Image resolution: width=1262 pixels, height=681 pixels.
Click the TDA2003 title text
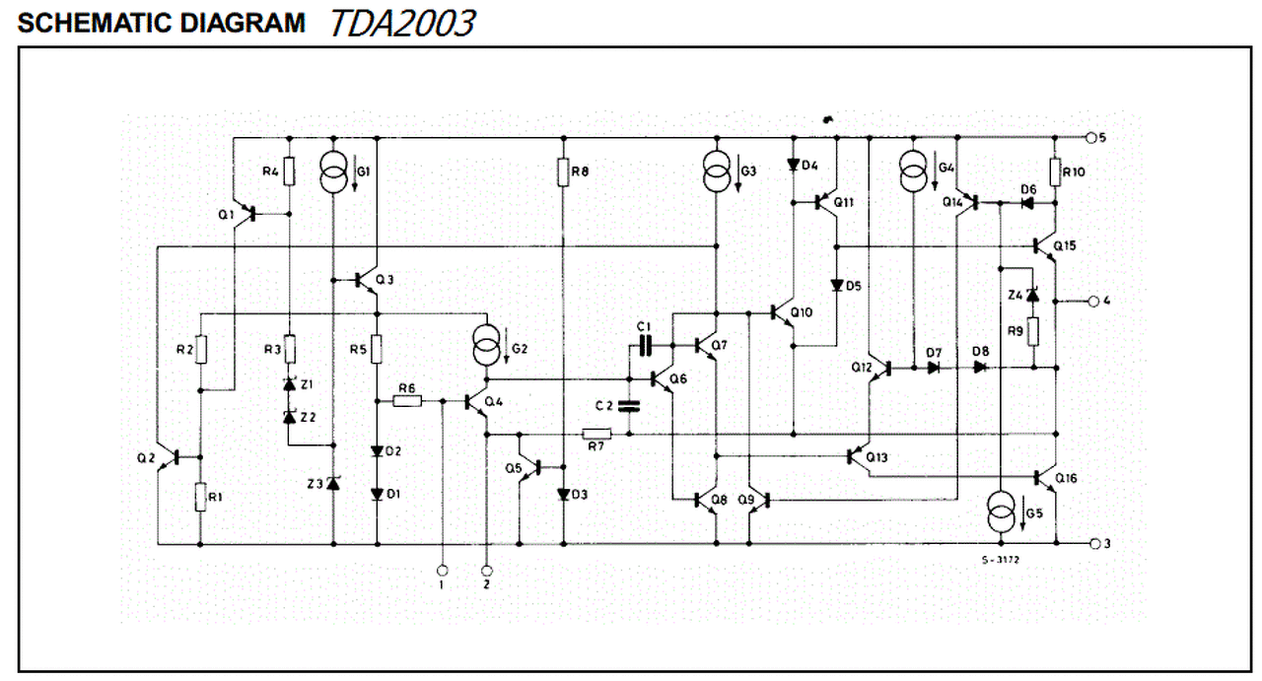pyautogui.click(x=402, y=23)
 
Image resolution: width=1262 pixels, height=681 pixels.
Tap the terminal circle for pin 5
pyautogui.click(x=1090, y=138)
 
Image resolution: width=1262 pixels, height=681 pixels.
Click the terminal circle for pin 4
pyautogui.click(x=1093, y=302)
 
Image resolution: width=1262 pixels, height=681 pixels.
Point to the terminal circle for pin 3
pyautogui.click(x=1095, y=544)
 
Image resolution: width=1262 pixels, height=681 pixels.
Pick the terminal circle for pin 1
pyautogui.click(x=443, y=571)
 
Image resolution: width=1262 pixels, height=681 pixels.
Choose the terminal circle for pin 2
pyautogui.click(x=487, y=571)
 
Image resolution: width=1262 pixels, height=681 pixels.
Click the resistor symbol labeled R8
pyautogui.click(x=563, y=171)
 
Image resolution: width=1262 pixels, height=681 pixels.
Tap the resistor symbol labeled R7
pyautogui.click(x=596, y=434)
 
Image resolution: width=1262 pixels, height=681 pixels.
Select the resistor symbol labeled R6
pyautogui.click(x=407, y=401)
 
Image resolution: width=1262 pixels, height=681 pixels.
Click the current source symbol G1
pyautogui.click(x=333, y=171)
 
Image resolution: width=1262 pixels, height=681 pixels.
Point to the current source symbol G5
pyautogui.click(x=1001, y=512)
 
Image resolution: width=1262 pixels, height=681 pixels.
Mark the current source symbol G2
pyautogui.click(x=487, y=345)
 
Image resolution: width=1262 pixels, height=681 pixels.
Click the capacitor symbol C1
pyautogui.click(x=645, y=345)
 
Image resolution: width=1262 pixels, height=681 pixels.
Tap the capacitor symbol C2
pyautogui.click(x=629, y=406)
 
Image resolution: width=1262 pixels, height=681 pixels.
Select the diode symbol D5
pyautogui.click(x=837, y=286)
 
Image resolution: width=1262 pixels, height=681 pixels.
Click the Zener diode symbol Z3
pyautogui.click(x=333, y=483)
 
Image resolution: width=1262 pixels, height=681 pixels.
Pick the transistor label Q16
pyautogui.click(x=1066, y=478)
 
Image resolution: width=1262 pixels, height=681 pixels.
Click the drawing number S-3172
pyautogui.click(x=1001, y=560)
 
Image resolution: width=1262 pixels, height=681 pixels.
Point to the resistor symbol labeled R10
pyautogui.click(x=1055, y=171)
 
